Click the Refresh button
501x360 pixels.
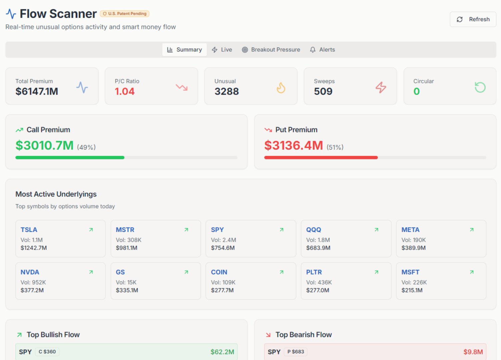pos(473,19)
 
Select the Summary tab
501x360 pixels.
pos(184,50)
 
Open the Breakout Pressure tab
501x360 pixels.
pos(271,50)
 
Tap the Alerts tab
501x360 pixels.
pos(322,50)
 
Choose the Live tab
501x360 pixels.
pos(222,50)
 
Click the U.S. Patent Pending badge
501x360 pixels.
pos(124,14)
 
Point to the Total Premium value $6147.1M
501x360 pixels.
pos(37,91)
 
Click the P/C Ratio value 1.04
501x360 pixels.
pos(124,91)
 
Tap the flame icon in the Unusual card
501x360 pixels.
pos(281,88)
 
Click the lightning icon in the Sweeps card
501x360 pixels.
pos(381,87)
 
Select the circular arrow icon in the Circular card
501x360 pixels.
pos(480,87)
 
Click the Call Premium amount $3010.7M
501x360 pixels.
pos(44,145)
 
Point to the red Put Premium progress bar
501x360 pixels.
pos(321,158)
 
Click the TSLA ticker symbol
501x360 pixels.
pos(29,230)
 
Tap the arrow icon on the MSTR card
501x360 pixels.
pos(186,230)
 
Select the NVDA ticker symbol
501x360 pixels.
pos(30,272)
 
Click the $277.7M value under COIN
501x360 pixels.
pos(222,290)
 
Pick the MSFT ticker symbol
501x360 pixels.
pos(410,272)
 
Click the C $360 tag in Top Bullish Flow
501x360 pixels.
pos(47,352)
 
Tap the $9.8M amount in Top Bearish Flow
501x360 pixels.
pos(473,352)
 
